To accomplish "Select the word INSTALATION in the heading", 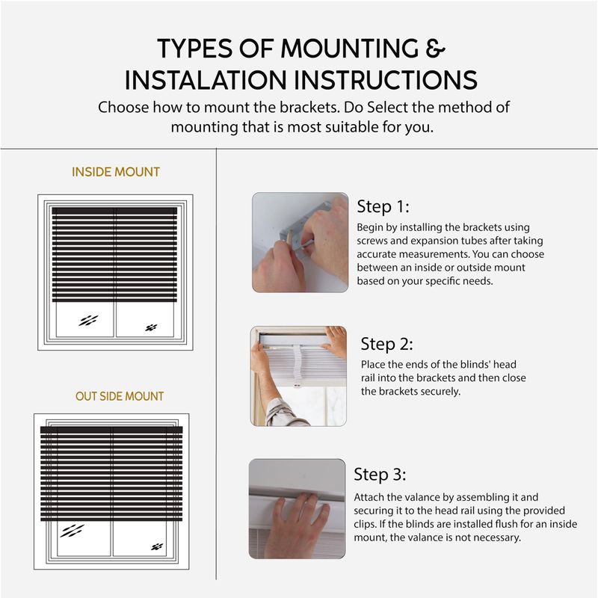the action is click(x=206, y=80).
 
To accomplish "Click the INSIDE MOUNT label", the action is click(x=116, y=172).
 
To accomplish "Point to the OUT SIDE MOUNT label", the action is click(x=120, y=396).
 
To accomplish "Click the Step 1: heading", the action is click(x=383, y=207).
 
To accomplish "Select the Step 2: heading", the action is click(x=386, y=344).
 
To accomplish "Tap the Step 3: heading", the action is click(x=380, y=475).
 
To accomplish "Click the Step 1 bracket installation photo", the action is click(x=300, y=242).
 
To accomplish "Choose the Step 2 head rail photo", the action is click(x=298, y=376).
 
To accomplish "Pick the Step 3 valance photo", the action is click(x=297, y=509).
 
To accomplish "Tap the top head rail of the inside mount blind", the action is click(x=114, y=211).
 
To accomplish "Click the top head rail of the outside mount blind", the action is click(x=111, y=430).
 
